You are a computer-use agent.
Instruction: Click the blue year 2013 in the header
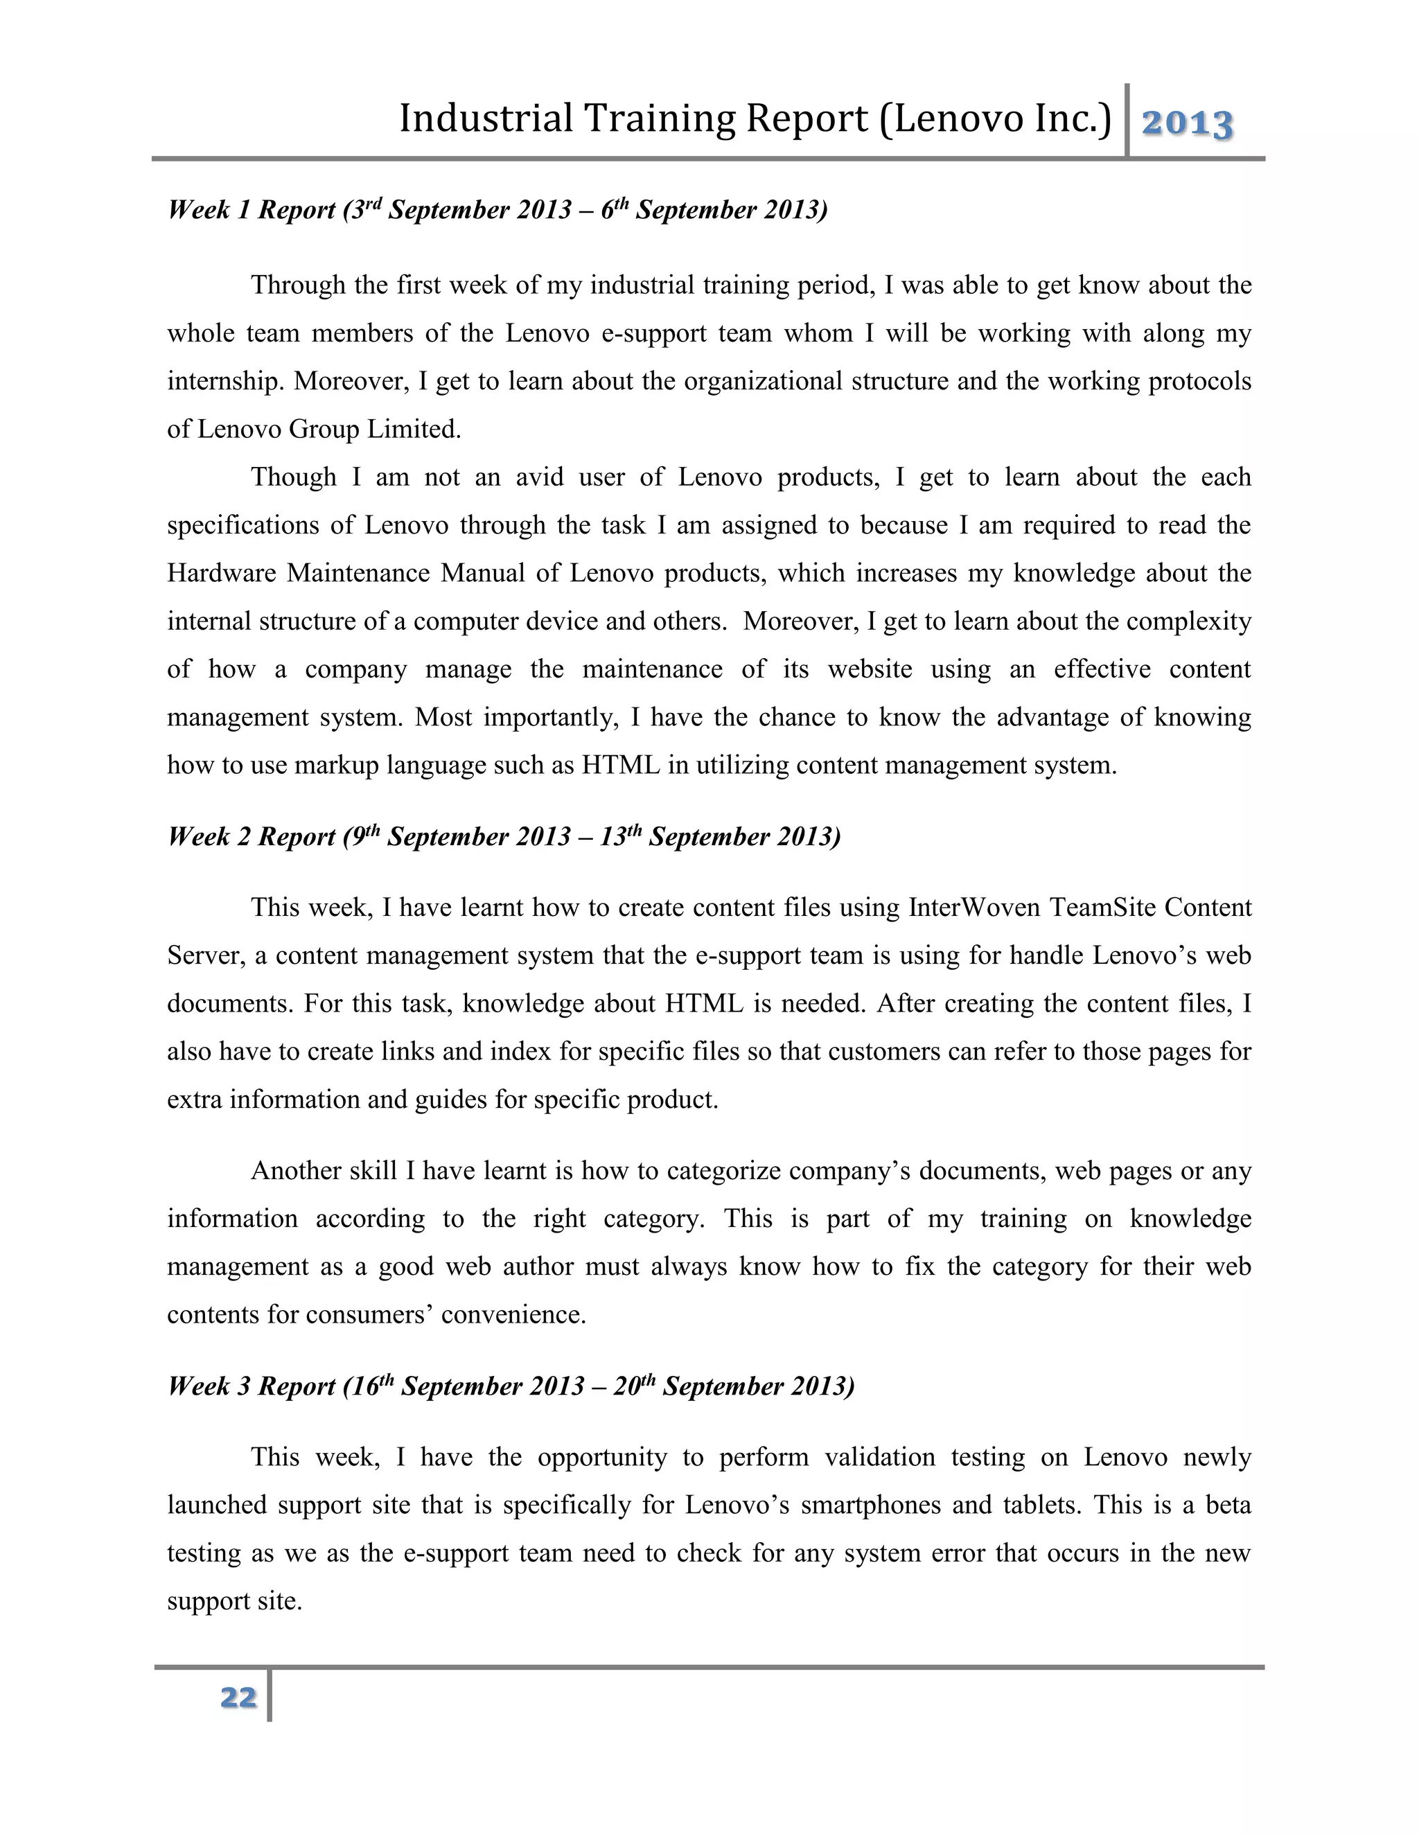pos(1186,125)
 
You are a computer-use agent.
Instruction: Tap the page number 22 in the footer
pos(238,1697)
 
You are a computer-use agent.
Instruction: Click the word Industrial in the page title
pos(485,118)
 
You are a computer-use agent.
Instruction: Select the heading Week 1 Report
pos(251,209)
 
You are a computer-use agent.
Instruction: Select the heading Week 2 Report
pos(251,836)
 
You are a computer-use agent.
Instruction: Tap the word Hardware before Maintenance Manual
pos(221,574)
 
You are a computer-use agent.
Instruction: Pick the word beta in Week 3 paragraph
pos(1228,1505)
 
